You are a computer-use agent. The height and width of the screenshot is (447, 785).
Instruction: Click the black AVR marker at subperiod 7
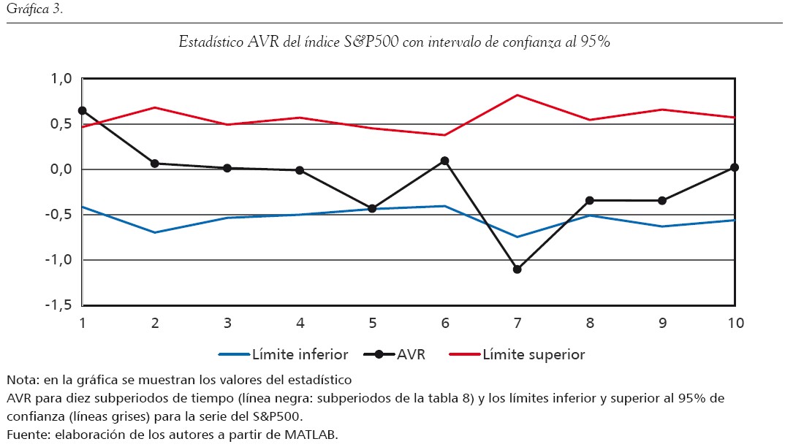[x=517, y=270]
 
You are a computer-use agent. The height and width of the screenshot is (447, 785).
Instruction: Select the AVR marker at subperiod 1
[x=83, y=110]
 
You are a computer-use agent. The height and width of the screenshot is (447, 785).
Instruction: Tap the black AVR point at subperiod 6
[x=444, y=161]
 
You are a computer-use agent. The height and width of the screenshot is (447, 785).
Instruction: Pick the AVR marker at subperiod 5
[x=372, y=209]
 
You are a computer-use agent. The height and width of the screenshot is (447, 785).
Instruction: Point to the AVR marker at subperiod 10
[x=735, y=168]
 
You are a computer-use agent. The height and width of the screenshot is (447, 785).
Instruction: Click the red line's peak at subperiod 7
[x=517, y=95]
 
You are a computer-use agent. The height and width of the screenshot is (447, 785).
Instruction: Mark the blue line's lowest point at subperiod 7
[x=517, y=237]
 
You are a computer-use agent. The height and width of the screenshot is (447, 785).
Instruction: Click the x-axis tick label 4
[x=300, y=322]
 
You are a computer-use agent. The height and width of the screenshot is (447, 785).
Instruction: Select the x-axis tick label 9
[x=662, y=322]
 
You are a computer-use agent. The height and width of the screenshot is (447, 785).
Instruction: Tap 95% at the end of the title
[x=596, y=42]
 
